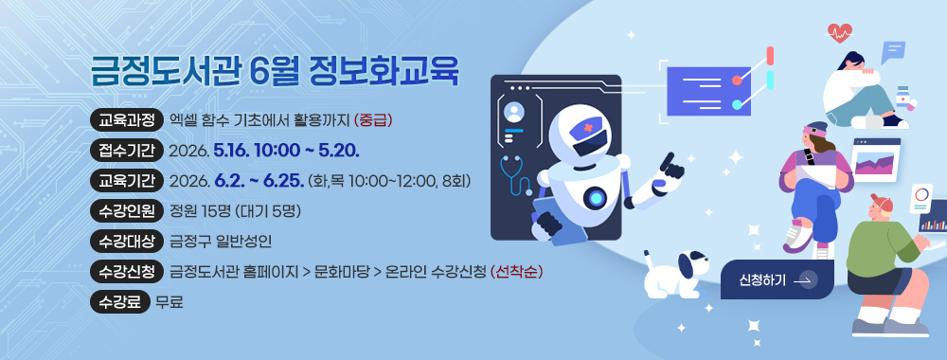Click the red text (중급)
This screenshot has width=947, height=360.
[373, 120]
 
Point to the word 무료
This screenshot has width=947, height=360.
[170, 302]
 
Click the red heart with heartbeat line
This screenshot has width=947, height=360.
[838, 35]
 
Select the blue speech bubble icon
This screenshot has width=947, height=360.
[892, 51]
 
